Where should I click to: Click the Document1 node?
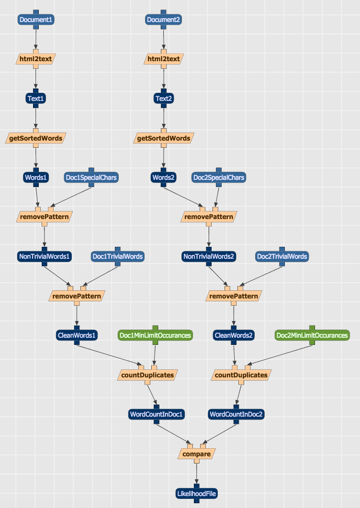click(x=36, y=20)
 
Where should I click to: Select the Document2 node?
click(x=163, y=20)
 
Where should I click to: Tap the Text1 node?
click(x=36, y=99)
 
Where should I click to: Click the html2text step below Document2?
click(x=163, y=59)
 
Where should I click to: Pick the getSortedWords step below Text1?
click(x=36, y=139)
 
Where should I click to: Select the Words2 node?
click(x=163, y=177)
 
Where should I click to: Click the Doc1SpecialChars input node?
click(x=91, y=177)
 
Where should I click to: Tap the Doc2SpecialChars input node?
click(x=218, y=177)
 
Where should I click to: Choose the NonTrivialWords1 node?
click(x=45, y=256)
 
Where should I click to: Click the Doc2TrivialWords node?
click(x=282, y=256)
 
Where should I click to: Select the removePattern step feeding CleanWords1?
click(x=77, y=296)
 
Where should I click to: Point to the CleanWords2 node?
click(x=233, y=335)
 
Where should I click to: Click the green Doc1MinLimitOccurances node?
click(x=155, y=335)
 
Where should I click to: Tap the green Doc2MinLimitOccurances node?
click(x=312, y=335)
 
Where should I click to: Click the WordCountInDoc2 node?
click(x=236, y=414)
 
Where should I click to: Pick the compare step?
click(x=197, y=454)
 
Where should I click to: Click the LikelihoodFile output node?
click(x=197, y=493)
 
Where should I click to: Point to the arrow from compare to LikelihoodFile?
click(x=197, y=473)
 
